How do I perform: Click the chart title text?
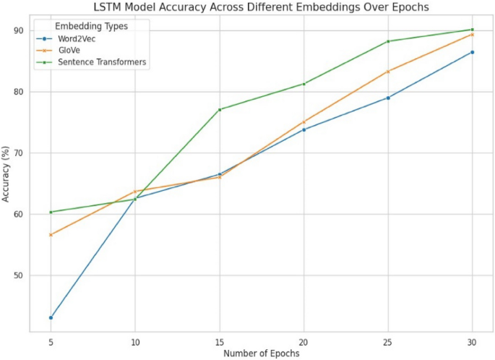[x=261, y=7]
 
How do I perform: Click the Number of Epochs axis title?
[x=261, y=353]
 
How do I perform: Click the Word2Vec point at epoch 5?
[x=51, y=317]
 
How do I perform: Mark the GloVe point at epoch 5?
[x=51, y=235]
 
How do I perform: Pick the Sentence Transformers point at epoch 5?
[x=51, y=212]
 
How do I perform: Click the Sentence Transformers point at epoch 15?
[x=219, y=109]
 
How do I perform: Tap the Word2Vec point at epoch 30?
[x=472, y=52]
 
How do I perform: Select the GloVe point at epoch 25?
[x=388, y=72]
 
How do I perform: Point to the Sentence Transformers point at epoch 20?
[x=304, y=84]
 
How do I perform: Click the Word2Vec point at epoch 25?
[x=388, y=98]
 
